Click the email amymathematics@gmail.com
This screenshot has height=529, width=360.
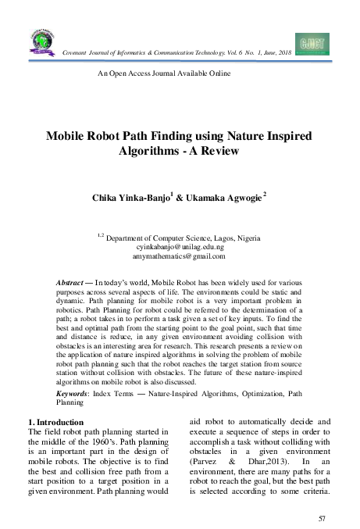tap(180, 255)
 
